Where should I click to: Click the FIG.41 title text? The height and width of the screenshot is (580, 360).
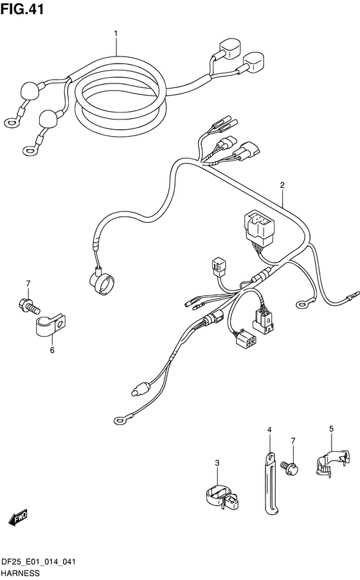[x=22, y=9]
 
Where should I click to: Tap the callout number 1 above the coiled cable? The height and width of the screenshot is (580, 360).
[x=116, y=33]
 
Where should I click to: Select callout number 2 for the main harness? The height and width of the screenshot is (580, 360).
[x=282, y=186]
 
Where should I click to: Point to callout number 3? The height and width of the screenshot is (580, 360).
[x=217, y=462]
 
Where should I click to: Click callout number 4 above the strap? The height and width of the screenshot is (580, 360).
[x=269, y=430]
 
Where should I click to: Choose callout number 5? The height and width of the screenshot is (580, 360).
[x=331, y=428]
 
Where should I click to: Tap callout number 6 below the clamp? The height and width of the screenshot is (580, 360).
[x=52, y=349]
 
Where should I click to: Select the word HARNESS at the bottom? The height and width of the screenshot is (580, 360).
[x=21, y=573]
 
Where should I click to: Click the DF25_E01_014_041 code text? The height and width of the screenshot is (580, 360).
[x=39, y=562]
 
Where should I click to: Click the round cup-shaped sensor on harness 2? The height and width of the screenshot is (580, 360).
[x=102, y=282]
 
